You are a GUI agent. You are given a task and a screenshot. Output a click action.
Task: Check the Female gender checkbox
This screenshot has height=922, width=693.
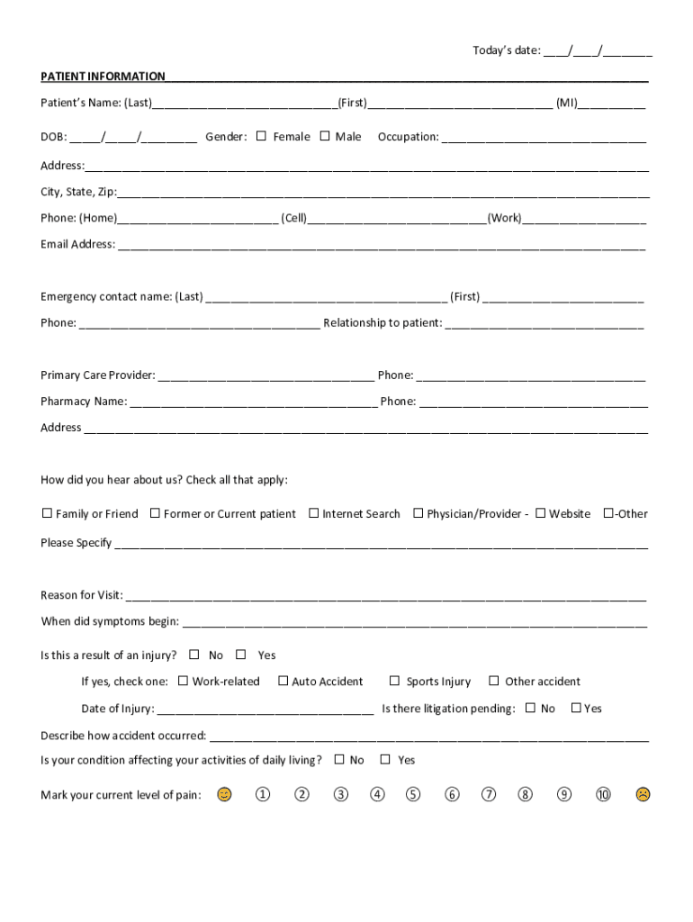point(262,137)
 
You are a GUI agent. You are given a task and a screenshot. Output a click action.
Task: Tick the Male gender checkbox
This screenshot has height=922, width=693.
point(325,137)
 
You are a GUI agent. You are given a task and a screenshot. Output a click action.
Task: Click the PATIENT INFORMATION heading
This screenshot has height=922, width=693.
point(103,77)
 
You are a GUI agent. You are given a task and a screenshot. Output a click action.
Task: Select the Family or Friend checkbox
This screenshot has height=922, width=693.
point(47,513)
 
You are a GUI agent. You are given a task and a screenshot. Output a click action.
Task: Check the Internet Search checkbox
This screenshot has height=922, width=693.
point(314,513)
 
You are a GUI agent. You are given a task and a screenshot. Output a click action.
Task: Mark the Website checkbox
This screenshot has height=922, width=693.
point(540,513)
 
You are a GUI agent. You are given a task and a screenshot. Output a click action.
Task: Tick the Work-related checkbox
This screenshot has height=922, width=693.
point(184,681)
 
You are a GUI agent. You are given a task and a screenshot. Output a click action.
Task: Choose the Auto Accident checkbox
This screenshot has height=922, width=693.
point(283,681)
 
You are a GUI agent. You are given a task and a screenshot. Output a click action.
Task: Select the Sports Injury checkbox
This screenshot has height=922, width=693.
point(394,681)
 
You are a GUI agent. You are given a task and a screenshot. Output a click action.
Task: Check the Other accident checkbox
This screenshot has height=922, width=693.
point(493,681)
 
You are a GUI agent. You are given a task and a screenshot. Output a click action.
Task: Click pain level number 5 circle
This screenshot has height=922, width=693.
point(413,794)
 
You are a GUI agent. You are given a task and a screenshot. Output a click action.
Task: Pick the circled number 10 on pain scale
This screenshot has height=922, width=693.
point(603,794)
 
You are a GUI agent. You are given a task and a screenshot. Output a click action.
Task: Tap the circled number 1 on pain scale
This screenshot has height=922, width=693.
point(262,794)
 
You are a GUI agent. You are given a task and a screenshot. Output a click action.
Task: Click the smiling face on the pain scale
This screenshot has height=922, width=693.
point(224,794)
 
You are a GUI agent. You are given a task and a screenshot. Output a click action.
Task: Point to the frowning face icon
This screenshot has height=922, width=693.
point(643,794)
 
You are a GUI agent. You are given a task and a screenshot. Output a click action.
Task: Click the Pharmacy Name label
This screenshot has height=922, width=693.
point(84,402)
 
